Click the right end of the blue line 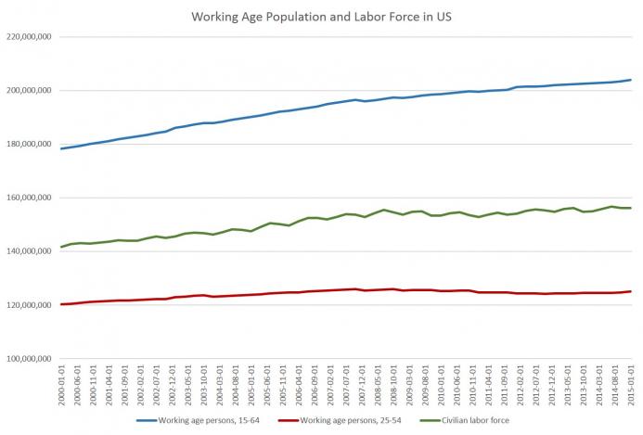[631, 80]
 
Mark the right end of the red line [631, 291]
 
